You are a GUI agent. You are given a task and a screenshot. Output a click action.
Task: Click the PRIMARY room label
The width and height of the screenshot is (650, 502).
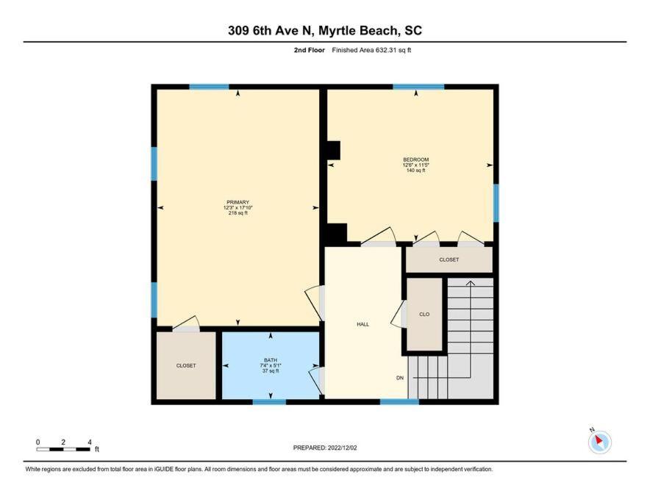click(238, 202)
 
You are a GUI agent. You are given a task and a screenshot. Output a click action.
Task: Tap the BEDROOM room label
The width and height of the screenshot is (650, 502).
click(415, 159)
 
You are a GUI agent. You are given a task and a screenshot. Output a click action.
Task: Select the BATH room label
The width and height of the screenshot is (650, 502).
click(271, 360)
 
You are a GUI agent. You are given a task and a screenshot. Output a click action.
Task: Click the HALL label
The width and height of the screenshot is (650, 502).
click(362, 324)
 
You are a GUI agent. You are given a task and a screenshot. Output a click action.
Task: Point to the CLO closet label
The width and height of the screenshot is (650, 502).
click(424, 315)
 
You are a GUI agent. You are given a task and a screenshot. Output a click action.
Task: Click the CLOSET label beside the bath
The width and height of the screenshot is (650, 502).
click(186, 365)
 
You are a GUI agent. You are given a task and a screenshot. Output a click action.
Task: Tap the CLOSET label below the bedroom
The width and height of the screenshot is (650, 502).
click(449, 259)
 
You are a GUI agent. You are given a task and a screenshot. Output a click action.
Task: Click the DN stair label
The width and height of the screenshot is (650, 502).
click(400, 378)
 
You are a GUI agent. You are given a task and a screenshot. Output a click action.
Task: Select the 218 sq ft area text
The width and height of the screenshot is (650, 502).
click(238, 213)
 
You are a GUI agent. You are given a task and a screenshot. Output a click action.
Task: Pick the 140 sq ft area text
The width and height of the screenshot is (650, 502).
click(415, 171)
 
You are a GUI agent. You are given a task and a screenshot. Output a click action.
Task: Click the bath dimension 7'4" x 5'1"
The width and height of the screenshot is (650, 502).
click(271, 365)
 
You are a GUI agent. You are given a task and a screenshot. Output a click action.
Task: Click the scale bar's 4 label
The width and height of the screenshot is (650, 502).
click(90, 442)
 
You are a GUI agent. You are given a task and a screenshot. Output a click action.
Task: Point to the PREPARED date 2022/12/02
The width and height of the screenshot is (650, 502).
click(343, 448)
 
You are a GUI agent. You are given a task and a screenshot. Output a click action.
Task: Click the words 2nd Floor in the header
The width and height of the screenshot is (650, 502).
click(310, 50)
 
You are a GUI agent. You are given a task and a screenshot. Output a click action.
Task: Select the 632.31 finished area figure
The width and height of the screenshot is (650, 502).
click(385, 50)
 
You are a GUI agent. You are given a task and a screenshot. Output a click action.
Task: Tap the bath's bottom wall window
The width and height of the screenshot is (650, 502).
click(269, 402)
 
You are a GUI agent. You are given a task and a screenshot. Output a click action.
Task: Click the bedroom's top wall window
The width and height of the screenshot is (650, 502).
click(418, 87)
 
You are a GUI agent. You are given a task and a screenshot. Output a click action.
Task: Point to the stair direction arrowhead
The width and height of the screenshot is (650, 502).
click(471, 284)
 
